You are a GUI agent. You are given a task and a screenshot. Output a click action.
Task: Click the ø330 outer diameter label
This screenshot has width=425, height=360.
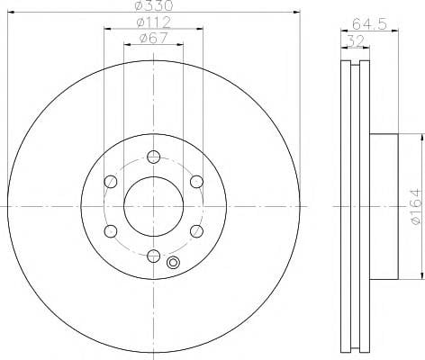(153, 5)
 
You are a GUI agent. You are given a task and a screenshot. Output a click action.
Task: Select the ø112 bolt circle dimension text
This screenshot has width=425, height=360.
(153, 22)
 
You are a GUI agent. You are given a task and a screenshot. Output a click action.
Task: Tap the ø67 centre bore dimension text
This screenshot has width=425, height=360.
(153, 39)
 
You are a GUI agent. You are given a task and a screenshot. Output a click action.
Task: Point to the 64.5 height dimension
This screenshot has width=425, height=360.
(369, 24)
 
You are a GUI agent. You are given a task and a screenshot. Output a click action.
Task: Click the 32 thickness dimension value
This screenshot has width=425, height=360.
(355, 40)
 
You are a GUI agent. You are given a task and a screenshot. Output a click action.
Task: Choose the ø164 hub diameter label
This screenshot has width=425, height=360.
(416, 206)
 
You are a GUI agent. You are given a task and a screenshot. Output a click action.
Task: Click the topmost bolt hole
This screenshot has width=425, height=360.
(153, 157)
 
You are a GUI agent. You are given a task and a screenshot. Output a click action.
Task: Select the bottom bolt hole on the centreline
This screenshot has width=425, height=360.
(153, 256)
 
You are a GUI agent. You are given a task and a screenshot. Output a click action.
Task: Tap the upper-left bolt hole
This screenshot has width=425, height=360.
(111, 182)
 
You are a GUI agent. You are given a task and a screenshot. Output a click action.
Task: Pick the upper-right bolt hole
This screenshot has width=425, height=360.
(196, 182)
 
